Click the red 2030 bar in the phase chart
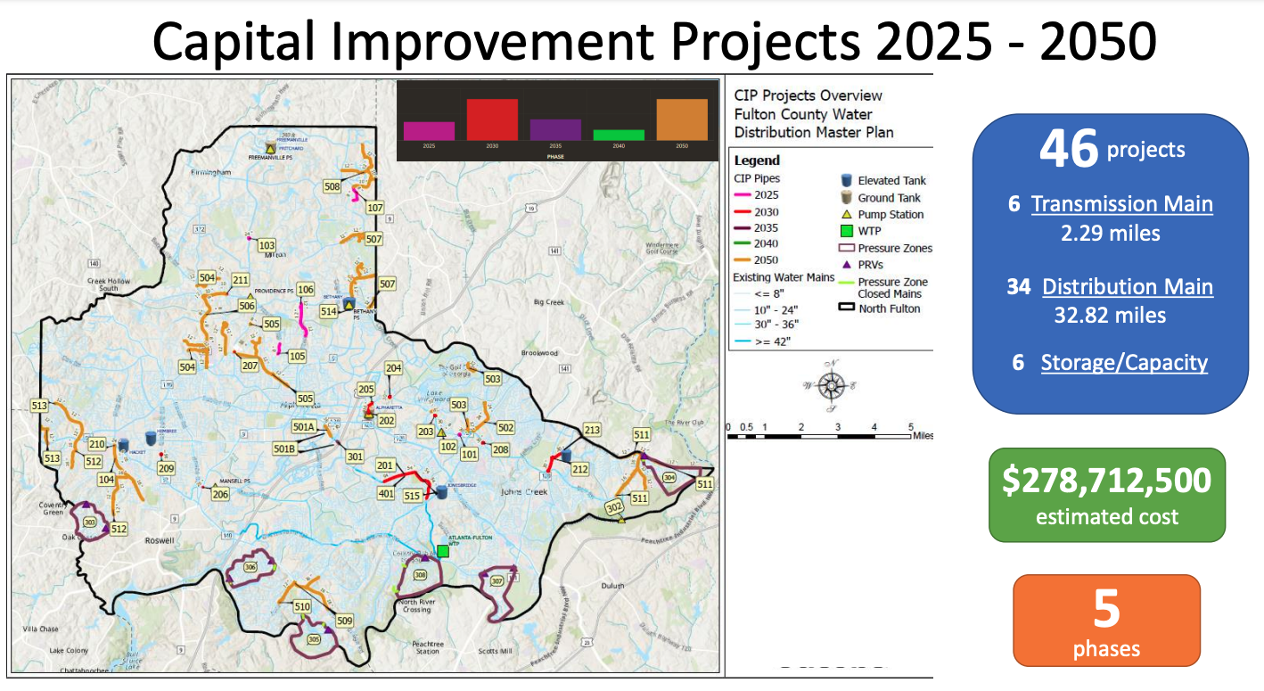[x=492, y=119]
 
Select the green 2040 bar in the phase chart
[x=619, y=135]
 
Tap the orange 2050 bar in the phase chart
[x=682, y=119]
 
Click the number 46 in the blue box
[x=1068, y=149]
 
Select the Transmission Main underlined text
[x=1121, y=204]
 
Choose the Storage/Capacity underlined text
[x=1124, y=362]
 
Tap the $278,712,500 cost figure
[x=1106, y=481]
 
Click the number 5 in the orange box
[x=1105, y=610]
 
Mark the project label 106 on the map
[x=306, y=290]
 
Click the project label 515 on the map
[x=412, y=496]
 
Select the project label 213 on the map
[x=592, y=431]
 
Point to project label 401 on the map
[x=386, y=492]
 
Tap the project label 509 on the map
[x=345, y=621]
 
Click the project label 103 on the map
[x=266, y=245]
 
